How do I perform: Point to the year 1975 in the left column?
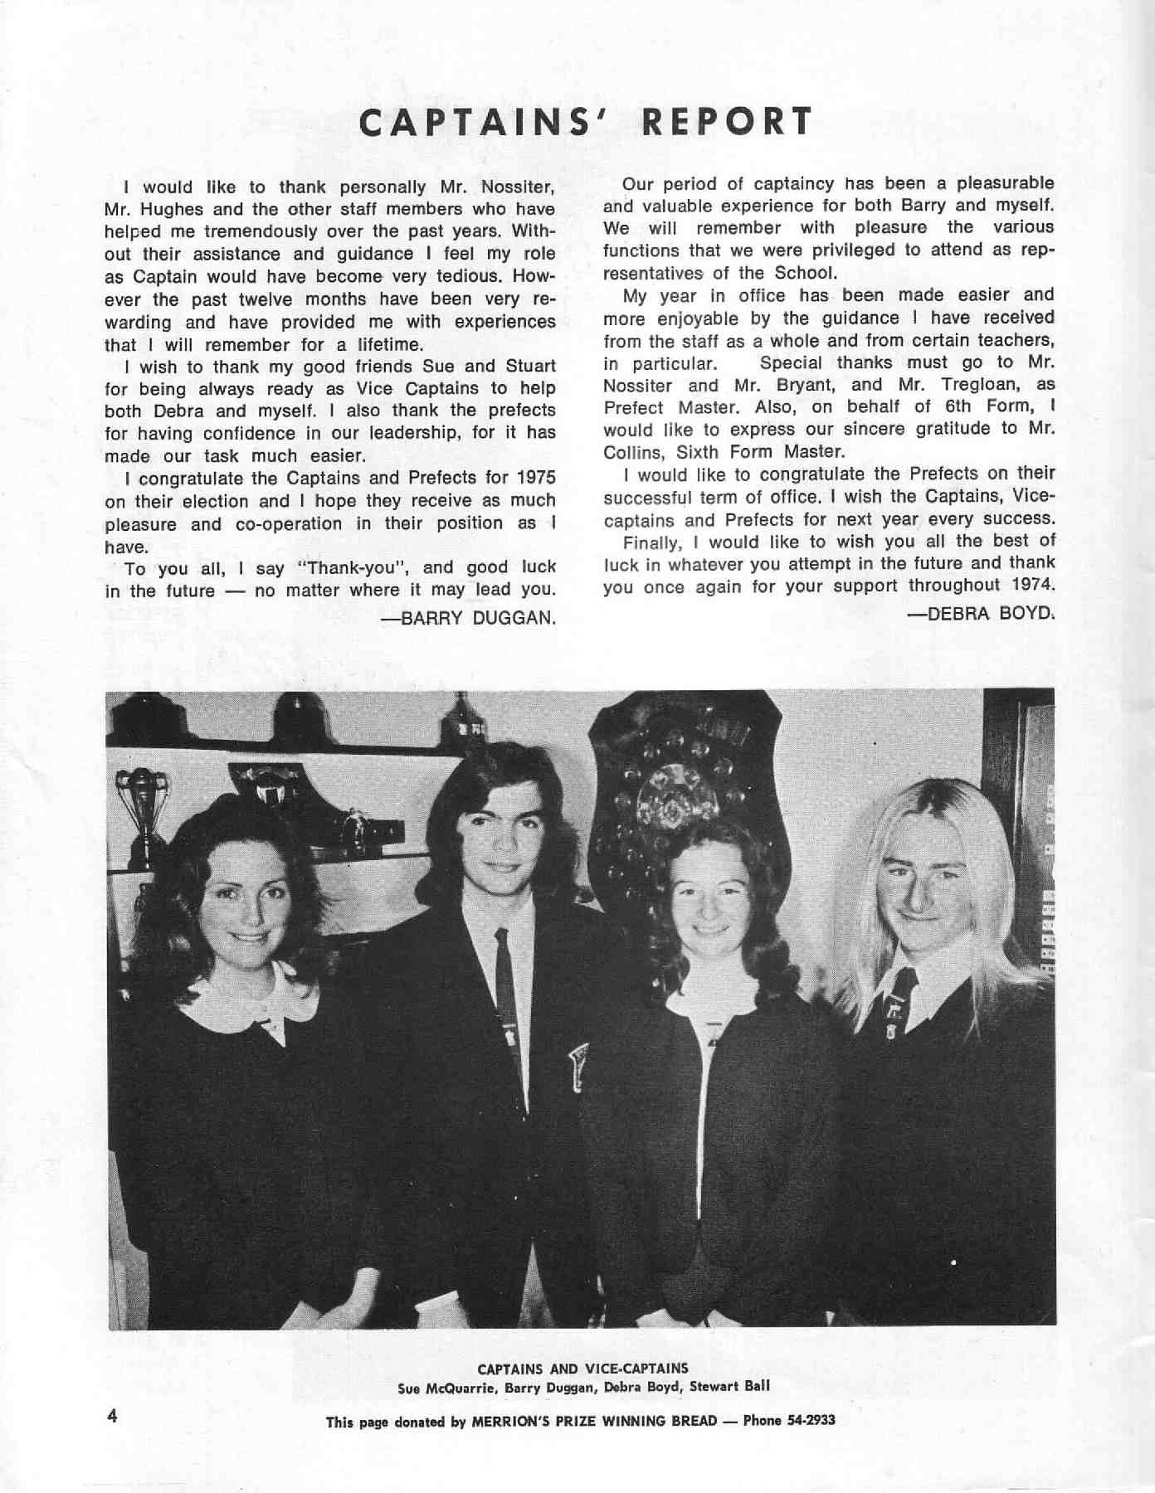coord(535,479)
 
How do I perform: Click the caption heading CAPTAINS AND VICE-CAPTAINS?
coord(582,1369)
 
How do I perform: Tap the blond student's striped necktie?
coord(899,1004)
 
